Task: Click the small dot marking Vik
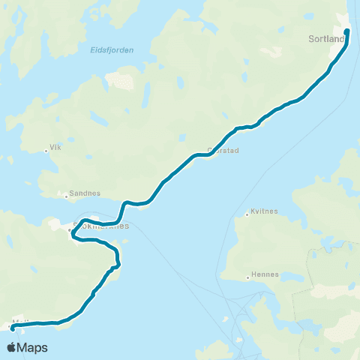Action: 46,150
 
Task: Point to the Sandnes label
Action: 85,193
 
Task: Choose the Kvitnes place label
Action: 263,212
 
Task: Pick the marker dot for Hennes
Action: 248,277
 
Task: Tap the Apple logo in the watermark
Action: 13,347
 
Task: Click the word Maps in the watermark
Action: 34,348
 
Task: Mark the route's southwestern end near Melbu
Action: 12,328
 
